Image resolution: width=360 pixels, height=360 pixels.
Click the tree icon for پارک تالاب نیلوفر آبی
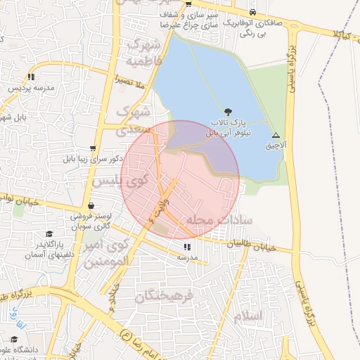[x=226, y=111]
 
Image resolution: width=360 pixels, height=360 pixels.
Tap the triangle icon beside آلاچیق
[x=276, y=135]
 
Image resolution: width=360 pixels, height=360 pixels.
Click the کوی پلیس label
[x=116, y=181]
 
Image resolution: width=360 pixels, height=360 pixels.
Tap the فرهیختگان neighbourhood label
[x=163, y=296]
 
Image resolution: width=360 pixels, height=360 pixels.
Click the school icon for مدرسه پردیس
[x=31, y=77]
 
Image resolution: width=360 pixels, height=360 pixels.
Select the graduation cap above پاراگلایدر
[x=49, y=234]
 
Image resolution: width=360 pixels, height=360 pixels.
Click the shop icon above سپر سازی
[x=188, y=5]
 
